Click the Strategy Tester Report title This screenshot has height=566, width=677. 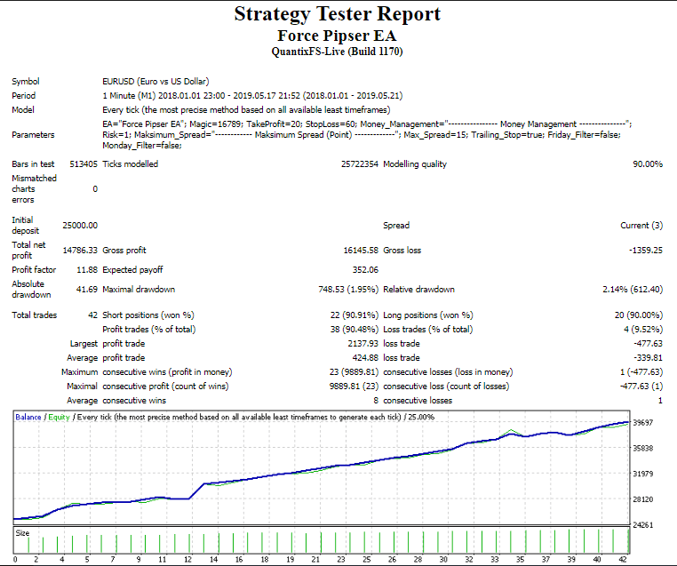pyautogui.click(x=338, y=14)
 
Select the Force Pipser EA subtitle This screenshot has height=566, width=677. pyautogui.click(x=337, y=36)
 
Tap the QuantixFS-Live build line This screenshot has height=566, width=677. pyautogui.click(x=337, y=52)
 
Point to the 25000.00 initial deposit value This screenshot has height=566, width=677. pyautogui.click(x=80, y=226)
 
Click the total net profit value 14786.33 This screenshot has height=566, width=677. pyautogui.click(x=80, y=251)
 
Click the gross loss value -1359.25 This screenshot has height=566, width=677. pyautogui.click(x=644, y=251)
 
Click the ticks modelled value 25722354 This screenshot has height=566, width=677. pyautogui.click(x=359, y=164)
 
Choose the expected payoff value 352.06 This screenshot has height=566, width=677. pyautogui.click(x=366, y=269)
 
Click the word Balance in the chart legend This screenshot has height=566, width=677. pyautogui.click(x=28, y=417)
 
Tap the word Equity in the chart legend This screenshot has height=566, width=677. pyautogui.click(x=59, y=417)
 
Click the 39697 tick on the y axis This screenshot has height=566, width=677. pyautogui.click(x=643, y=424)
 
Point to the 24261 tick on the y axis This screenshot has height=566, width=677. pyautogui.click(x=643, y=525)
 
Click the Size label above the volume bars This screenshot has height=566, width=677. pyautogui.click(x=22, y=533)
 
